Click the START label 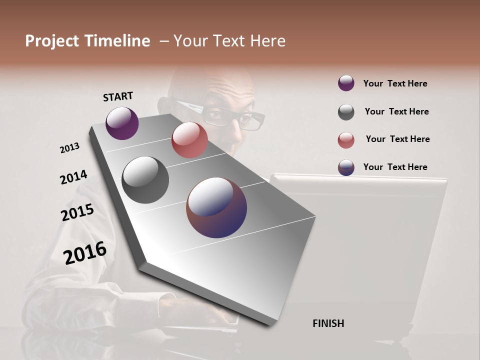118,96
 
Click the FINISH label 328,323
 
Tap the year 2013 69,148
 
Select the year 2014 73,177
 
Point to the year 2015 77,212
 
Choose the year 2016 85,252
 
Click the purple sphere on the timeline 122,123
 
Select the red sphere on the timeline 189,140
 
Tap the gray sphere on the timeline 145,180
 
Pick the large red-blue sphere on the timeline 216,207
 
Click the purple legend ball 346,83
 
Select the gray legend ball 346,112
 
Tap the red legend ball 346,140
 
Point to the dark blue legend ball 346,167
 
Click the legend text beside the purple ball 395,83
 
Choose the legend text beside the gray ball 396,111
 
